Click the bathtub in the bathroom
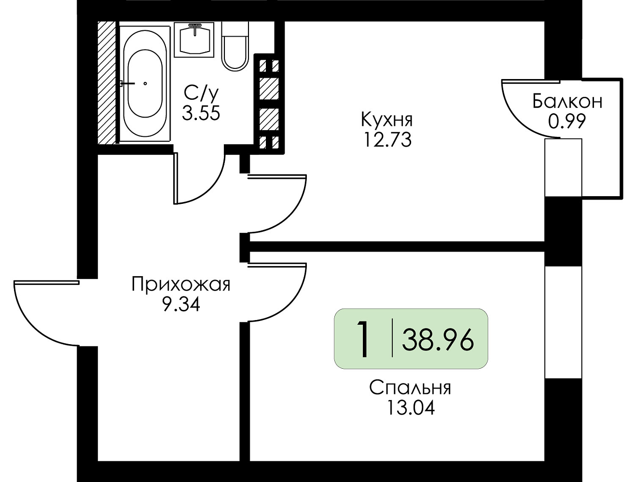click(x=145, y=84)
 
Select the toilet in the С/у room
click(x=235, y=46)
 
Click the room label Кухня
click(x=387, y=120)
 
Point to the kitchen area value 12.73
click(x=387, y=140)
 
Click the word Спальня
click(x=410, y=388)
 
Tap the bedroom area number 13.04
click(x=411, y=408)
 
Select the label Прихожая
click(x=181, y=284)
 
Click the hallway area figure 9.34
click(x=181, y=304)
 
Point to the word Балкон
click(x=567, y=101)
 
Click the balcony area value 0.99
click(x=567, y=121)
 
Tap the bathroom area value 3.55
click(x=201, y=112)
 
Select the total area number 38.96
click(x=438, y=341)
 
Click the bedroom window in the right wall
click(x=563, y=322)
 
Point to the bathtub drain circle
click(x=145, y=84)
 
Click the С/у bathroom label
click(x=201, y=93)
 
